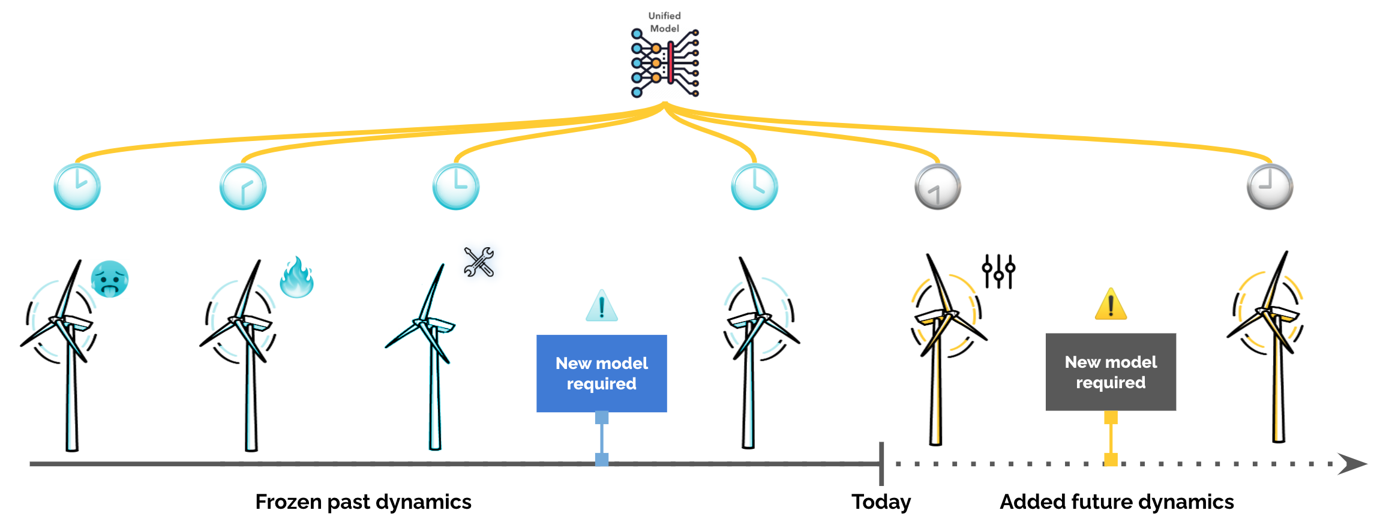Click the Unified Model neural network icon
[x=665, y=63]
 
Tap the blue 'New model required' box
[x=601, y=373]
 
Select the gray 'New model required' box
[x=1110, y=372]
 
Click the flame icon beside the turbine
[x=297, y=277]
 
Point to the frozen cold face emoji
[x=110, y=279]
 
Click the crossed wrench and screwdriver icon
[x=479, y=262]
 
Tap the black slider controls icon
[x=998, y=271]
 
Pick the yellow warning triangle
[x=1111, y=304]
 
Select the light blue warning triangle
[x=601, y=306]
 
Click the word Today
[x=881, y=502]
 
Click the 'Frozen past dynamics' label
[x=363, y=502]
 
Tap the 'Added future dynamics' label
[x=1116, y=502]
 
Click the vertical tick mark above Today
[x=881, y=464]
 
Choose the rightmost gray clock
[x=1270, y=187]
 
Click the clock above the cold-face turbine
[x=77, y=187]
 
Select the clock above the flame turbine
[x=243, y=187]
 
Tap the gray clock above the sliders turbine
[x=937, y=187]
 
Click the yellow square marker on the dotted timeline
[x=1111, y=460]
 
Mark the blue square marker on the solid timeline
[x=601, y=460]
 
